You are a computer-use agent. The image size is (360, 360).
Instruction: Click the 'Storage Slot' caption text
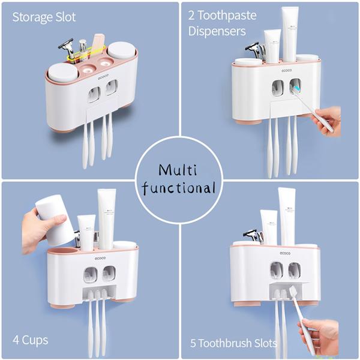pos(44,17)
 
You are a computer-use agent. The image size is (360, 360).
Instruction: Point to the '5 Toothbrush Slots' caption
pos(234,343)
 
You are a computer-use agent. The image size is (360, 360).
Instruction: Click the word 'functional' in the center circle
pos(180,188)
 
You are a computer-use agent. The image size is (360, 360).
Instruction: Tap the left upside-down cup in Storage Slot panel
pos(62,72)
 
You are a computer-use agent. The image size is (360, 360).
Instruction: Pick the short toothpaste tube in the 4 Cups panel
pos(87,232)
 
